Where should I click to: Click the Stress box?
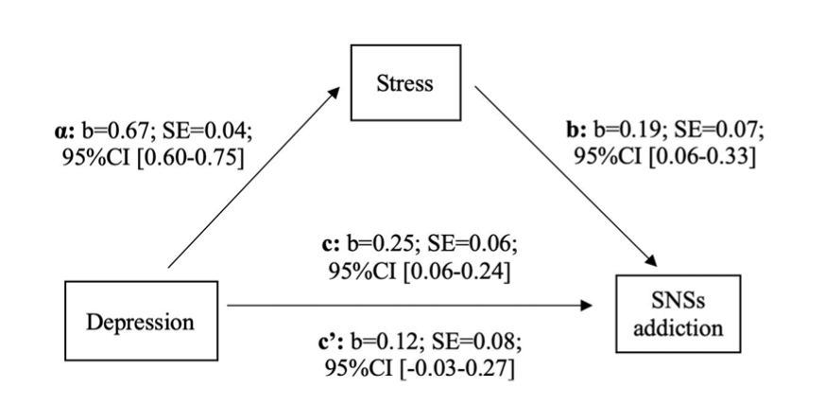(405, 82)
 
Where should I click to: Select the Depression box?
(140, 321)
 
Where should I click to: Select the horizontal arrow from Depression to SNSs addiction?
(406, 306)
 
